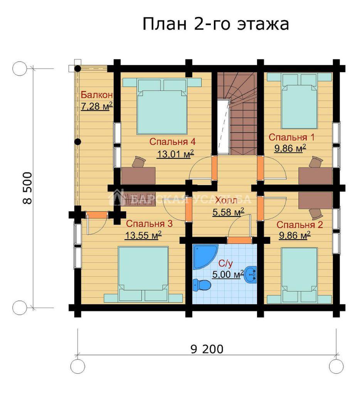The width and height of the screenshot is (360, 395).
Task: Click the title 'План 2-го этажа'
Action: click(x=216, y=24)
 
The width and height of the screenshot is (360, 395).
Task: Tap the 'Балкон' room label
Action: click(x=97, y=95)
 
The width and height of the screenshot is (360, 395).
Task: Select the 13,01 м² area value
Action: click(x=175, y=154)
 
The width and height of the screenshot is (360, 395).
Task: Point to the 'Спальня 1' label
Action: click(x=291, y=137)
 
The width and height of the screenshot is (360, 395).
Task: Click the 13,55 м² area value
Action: click(x=143, y=235)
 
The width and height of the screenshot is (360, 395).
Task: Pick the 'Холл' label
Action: click(x=226, y=201)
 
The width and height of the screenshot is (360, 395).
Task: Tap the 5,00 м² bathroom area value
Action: click(x=227, y=274)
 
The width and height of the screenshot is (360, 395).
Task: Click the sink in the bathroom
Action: click(x=251, y=275)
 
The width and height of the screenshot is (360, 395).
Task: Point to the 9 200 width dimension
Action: click(x=207, y=349)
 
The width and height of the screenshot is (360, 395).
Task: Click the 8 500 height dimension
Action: click(x=28, y=188)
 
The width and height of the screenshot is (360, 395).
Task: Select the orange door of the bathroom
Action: click(x=240, y=240)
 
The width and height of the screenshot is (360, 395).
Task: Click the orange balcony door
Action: click(x=97, y=215)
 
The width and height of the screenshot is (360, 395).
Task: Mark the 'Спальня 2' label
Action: click(x=299, y=225)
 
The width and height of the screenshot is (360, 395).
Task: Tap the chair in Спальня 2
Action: click(x=316, y=214)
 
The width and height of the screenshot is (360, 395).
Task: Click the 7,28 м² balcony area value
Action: click(x=96, y=106)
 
